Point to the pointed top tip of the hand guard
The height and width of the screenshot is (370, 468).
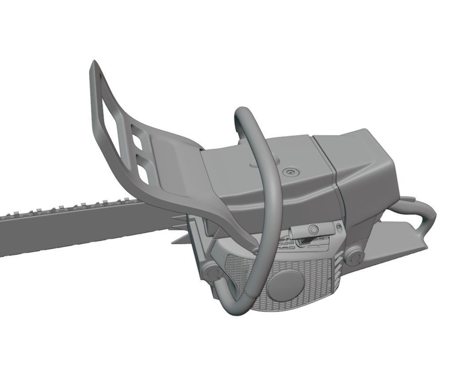point(93,63)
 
